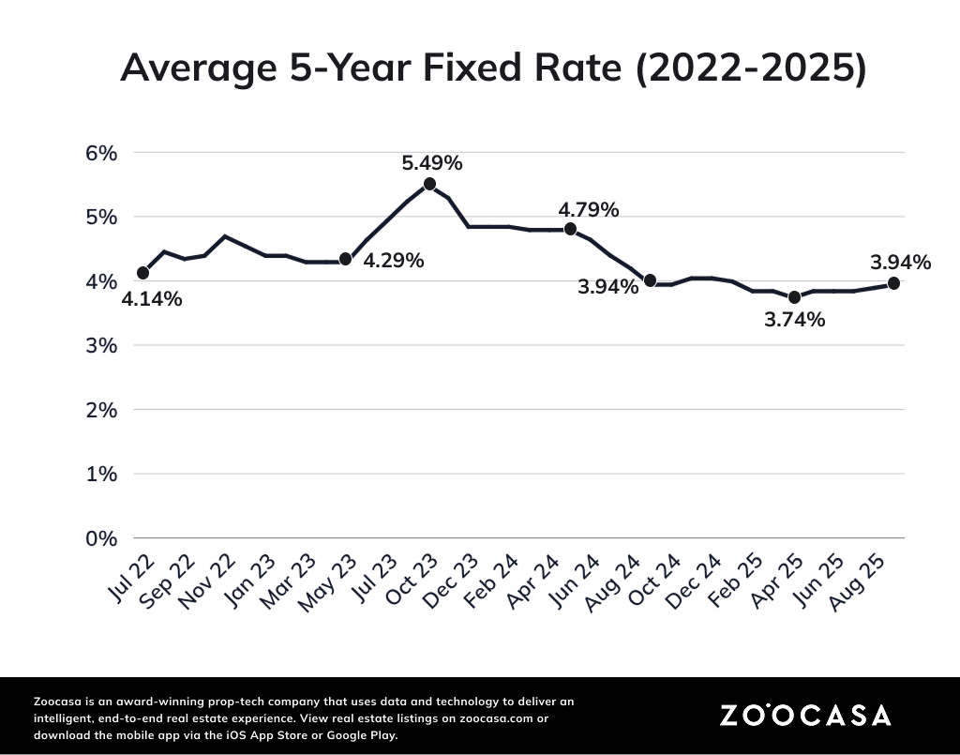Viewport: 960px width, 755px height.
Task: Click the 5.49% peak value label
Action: click(x=431, y=162)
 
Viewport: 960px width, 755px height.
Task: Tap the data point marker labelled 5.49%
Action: click(x=429, y=184)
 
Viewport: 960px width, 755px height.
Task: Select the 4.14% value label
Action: click(x=152, y=299)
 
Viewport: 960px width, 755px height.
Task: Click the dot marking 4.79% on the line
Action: click(x=570, y=229)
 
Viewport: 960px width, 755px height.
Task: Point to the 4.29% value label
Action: click(x=393, y=261)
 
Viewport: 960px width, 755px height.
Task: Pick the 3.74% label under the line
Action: click(x=794, y=320)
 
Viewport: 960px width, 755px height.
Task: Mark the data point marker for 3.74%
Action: click(x=794, y=297)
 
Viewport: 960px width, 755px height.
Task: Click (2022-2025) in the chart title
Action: click(x=750, y=68)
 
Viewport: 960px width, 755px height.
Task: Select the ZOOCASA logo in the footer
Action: click(x=805, y=715)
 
